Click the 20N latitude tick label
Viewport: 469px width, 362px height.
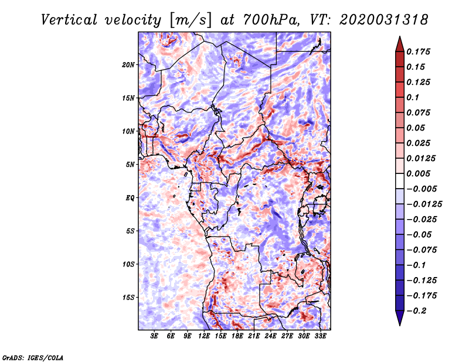pyautogui.click(x=128, y=65)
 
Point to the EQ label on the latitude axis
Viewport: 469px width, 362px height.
pyautogui.click(x=130, y=198)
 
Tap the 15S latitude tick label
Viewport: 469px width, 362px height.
pyautogui.click(x=128, y=298)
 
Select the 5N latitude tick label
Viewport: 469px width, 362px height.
pyautogui.click(x=130, y=165)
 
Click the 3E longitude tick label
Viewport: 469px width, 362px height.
pyautogui.click(x=154, y=336)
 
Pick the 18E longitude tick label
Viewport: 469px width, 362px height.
pyautogui.click(x=237, y=336)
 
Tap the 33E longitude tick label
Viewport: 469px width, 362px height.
pyautogui.click(x=320, y=336)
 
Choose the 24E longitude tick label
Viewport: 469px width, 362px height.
pyautogui.click(x=270, y=336)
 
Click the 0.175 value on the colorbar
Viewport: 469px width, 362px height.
pyautogui.click(x=418, y=52)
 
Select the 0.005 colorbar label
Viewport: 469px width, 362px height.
pyautogui.click(x=418, y=173)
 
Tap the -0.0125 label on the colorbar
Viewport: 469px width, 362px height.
pyautogui.click(x=424, y=204)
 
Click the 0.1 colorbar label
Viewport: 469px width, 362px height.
pyautogui.click(x=413, y=97)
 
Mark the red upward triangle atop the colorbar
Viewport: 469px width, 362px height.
pyautogui.click(x=400, y=44)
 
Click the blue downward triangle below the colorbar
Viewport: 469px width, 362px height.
pyautogui.click(x=400, y=318)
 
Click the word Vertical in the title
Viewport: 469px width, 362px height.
pyautogui.click(x=69, y=20)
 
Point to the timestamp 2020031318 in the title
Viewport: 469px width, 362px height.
pyautogui.click(x=384, y=20)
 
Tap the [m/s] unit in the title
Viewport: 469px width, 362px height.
pyautogui.click(x=191, y=21)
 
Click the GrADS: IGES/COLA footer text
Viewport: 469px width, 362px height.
pyautogui.click(x=33, y=357)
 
